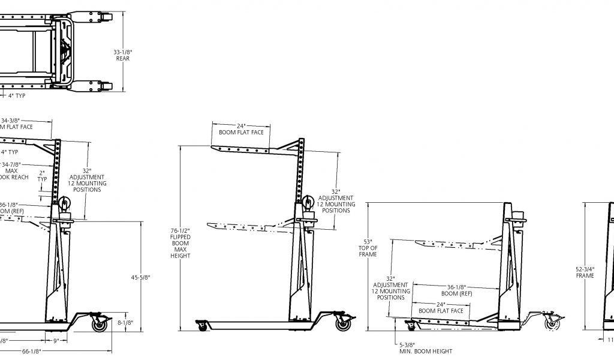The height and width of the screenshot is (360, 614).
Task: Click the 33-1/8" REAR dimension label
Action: coord(123,56)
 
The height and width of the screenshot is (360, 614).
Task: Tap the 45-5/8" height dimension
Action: coord(140,277)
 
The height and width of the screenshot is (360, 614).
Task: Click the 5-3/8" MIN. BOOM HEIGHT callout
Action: coord(425,347)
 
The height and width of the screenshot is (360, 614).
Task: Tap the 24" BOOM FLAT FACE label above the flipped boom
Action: coord(241,129)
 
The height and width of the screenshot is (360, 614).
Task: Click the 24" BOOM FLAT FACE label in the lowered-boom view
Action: coord(441,307)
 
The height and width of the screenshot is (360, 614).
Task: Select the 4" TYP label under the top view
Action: coord(17,95)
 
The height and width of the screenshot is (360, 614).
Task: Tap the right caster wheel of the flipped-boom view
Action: coord(343,325)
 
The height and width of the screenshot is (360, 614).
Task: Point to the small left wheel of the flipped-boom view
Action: coord(203,326)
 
